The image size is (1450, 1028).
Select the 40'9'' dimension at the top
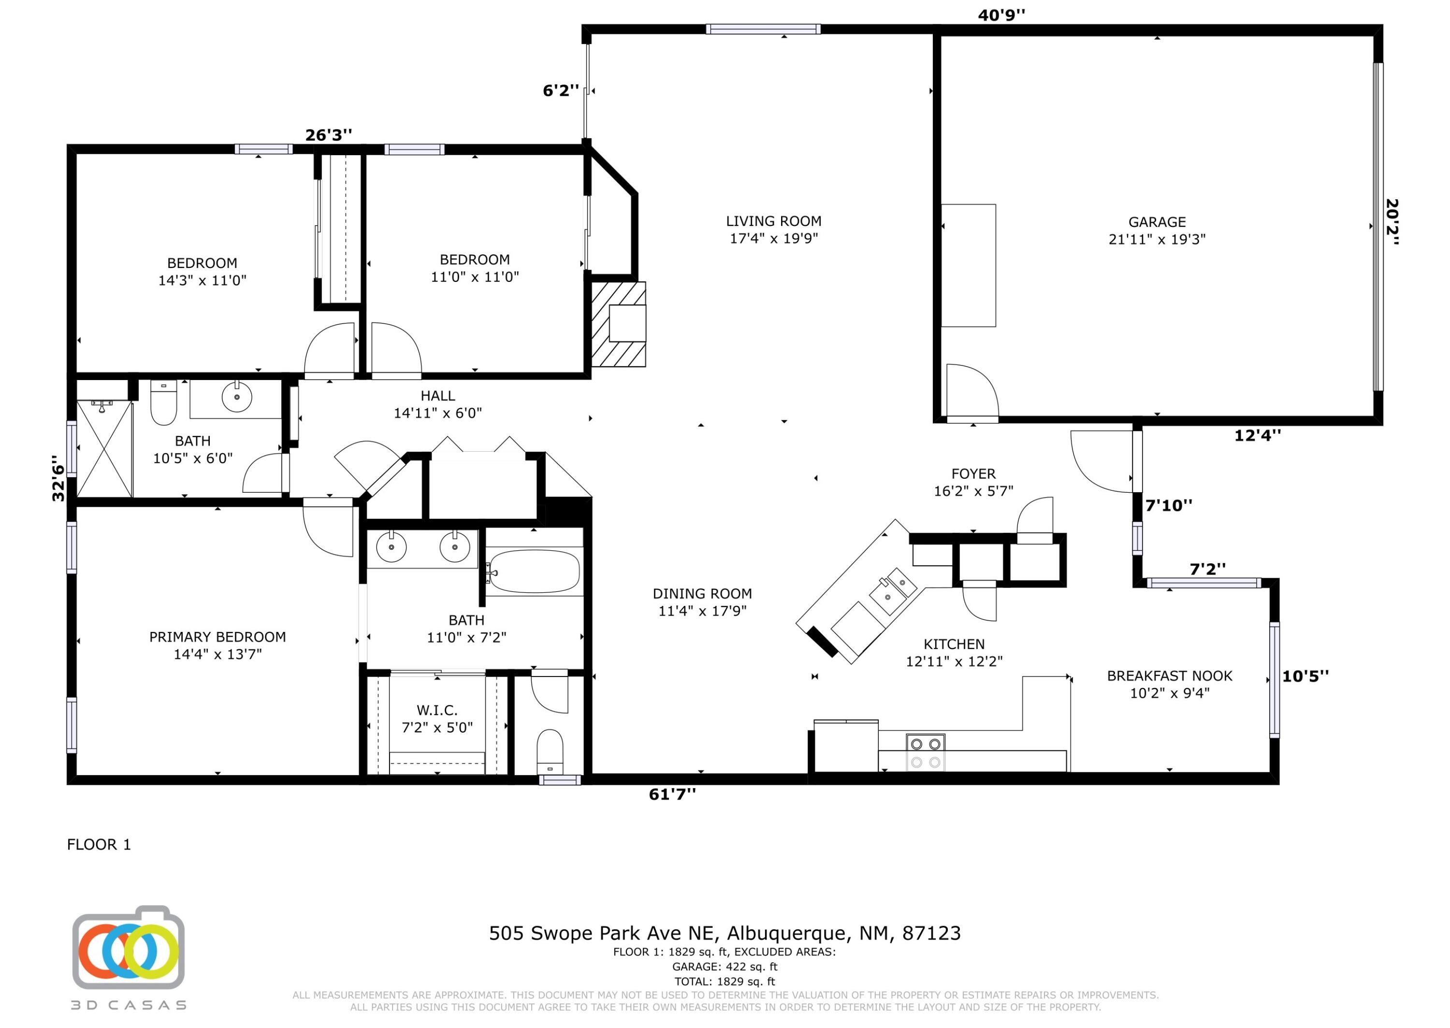tap(1001, 15)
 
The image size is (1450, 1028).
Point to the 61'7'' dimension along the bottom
tap(672, 794)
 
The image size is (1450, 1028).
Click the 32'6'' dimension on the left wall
tap(58, 479)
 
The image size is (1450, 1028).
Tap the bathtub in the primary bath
tap(534, 571)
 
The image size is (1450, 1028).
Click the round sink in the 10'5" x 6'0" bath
tap(237, 397)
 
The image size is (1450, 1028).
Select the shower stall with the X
tap(104, 448)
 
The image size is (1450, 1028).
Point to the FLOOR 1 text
tap(99, 844)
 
